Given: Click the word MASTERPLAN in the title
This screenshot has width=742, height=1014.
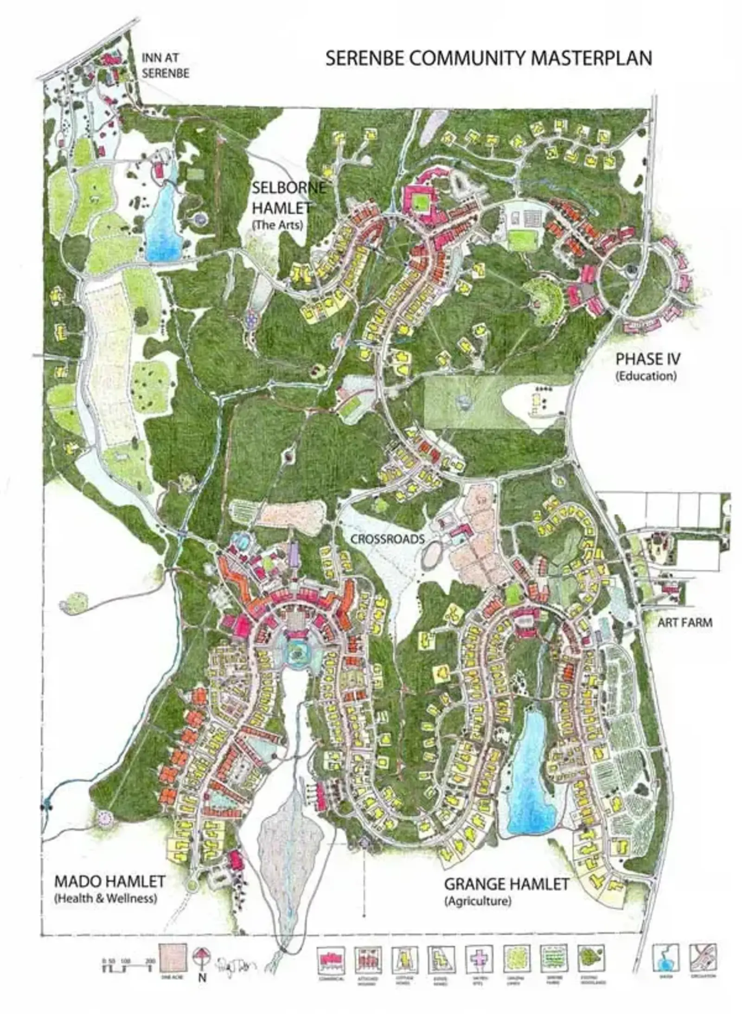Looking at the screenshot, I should (x=589, y=58).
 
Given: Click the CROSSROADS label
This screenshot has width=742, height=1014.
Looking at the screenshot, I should (x=387, y=539).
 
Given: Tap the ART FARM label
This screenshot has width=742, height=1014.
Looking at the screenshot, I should (x=684, y=623).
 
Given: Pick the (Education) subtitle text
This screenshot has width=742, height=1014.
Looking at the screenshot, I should (x=646, y=376).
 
